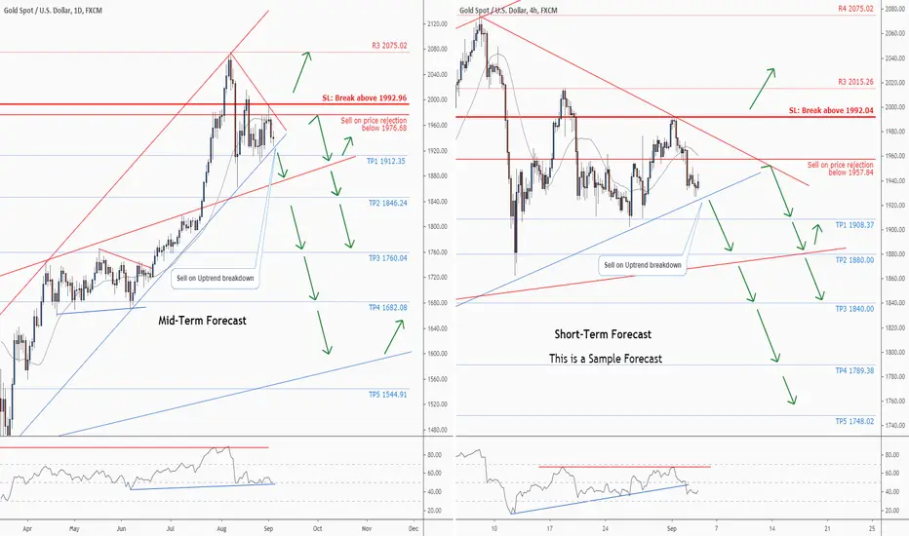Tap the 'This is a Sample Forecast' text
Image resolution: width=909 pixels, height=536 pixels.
click(x=606, y=358)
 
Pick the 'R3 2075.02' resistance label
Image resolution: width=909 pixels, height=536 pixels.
click(x=389, y=45)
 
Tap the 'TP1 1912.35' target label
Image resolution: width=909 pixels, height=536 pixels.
click(x=387, y=162)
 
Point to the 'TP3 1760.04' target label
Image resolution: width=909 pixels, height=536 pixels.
click(x=387, y=258)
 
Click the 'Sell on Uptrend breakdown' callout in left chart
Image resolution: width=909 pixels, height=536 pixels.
click(x=217, y=278)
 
